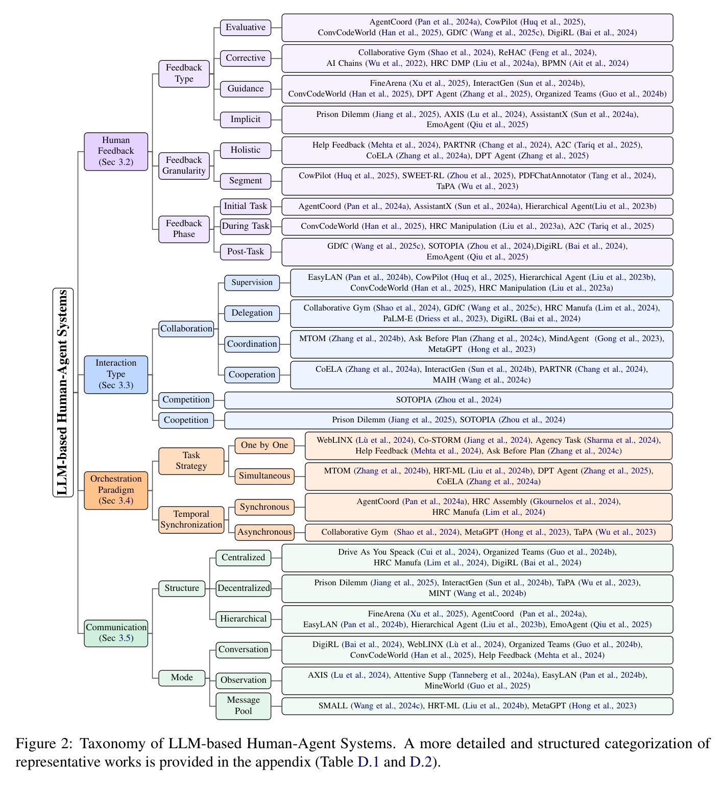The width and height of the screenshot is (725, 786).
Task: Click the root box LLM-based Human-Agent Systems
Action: point(63,392)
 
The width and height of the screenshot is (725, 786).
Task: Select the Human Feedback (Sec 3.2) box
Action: point(116,151)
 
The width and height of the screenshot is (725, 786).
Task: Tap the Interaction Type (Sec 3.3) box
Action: point(116,374)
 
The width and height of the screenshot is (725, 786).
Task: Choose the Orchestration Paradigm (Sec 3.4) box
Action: point(116,490)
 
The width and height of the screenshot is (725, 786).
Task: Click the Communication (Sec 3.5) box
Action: point(116,633)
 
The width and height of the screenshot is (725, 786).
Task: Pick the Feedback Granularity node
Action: point(184,165)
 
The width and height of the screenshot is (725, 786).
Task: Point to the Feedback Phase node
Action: point(184,229)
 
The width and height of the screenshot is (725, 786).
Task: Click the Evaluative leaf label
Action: point(246,28)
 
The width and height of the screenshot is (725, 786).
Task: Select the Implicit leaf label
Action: point(246,120)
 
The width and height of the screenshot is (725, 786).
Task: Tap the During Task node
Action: point(246,226)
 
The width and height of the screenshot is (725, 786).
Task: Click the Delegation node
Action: point(252,313)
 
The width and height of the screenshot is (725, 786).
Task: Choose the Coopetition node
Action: point(186,420)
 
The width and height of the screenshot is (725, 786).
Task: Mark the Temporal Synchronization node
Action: point(191,520)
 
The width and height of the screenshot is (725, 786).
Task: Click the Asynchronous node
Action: point(264,532)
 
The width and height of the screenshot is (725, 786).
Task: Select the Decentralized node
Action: point(244,588)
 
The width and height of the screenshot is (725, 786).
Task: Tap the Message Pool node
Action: point(244,706)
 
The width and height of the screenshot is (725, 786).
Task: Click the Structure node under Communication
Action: point(182,588)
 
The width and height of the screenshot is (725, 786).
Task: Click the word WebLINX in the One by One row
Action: point(334,440)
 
